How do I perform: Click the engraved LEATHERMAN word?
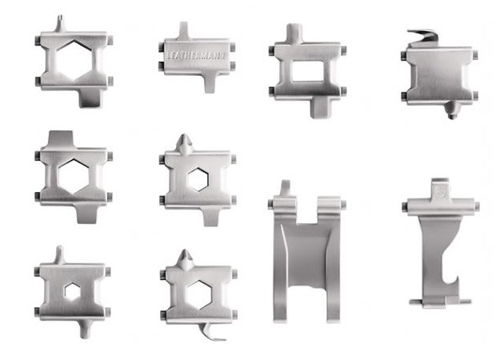(x=195, y=55)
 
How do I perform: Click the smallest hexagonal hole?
(x=72, y=291)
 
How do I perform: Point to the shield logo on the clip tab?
(x=440, y=191)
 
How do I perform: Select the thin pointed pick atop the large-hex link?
(x=60, y=23)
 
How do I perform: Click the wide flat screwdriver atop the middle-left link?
(x=61, y=138)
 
